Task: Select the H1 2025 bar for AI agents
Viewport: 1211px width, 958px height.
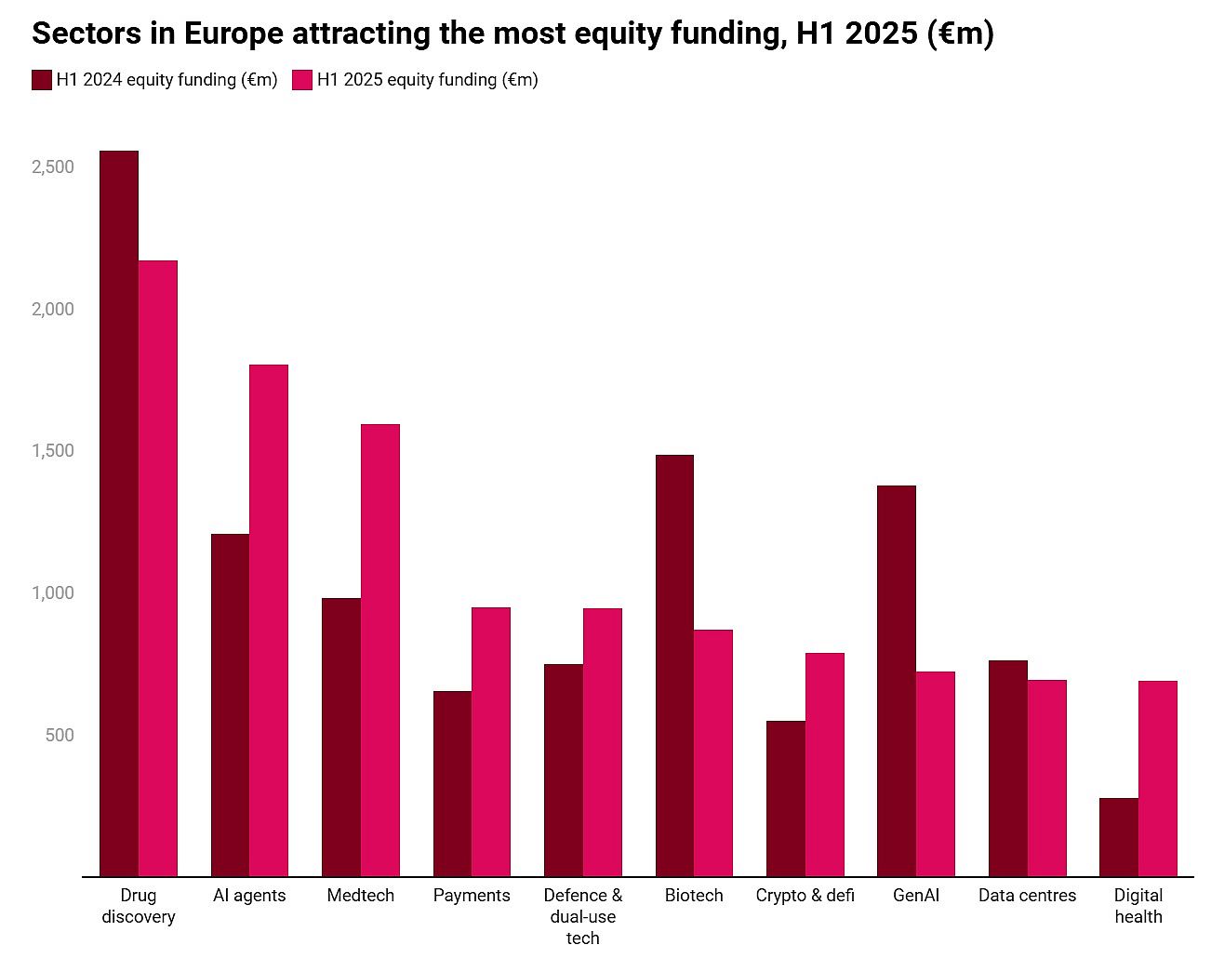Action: [x=269, y=620]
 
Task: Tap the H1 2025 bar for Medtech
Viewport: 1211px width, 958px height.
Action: [x=380, y=650]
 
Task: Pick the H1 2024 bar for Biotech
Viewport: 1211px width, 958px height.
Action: [x=674, y=665]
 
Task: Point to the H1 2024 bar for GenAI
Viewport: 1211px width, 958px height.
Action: [x=897, y=681]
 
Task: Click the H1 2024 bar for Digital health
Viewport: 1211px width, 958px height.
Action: [x=1119, y=837]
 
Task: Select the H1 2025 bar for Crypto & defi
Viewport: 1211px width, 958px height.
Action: [x=825, y=765]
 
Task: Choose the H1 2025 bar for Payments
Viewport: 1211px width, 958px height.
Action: [x=491, y=741]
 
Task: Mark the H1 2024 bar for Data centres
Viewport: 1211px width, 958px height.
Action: [x=1008, y=768]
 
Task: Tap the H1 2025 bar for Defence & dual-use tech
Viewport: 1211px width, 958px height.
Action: [x=603, y=742]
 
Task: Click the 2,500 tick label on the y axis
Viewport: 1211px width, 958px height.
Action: [x=53, y=167]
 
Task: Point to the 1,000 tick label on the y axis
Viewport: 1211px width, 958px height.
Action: [x=53, y=593]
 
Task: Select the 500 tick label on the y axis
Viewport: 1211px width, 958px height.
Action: [x=59, y=736]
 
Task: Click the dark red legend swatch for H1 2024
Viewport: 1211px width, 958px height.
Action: [x=42, y=80]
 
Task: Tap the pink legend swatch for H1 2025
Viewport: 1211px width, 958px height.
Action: [x=302, y=80]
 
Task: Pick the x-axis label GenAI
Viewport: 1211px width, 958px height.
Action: [x=916, y=896]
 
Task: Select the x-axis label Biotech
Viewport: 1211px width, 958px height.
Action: [x=694, y=896]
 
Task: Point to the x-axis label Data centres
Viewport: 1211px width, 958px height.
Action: [x=1027, y=896]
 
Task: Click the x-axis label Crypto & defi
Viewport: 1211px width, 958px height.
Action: [x=805, y=896]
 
